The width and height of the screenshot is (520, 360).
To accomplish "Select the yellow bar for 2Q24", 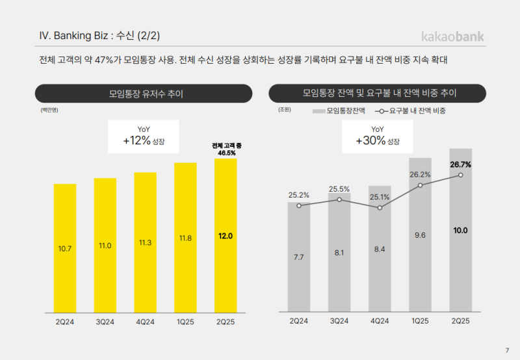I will [65, 247].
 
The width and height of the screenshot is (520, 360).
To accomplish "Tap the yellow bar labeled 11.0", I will [105, 245].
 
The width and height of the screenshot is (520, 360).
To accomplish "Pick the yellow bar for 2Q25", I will [226, 235].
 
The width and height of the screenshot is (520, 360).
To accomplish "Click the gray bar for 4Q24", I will [380, 248].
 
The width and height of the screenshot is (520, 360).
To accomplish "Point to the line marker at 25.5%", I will [339, 199].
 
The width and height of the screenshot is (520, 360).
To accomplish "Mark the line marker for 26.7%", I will [460, 175].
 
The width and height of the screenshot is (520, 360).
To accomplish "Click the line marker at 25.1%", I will [380, 207].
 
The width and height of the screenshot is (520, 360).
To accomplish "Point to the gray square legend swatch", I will [318, 111].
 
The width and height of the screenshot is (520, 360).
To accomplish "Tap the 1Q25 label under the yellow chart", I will [185, 320].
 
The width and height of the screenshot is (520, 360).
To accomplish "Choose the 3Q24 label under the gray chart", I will [339, 320].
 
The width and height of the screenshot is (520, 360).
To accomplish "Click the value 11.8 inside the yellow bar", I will [185, 238].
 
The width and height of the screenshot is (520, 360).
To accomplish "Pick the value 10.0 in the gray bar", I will [460, 230].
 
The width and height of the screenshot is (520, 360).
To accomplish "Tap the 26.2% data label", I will [420, 174].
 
